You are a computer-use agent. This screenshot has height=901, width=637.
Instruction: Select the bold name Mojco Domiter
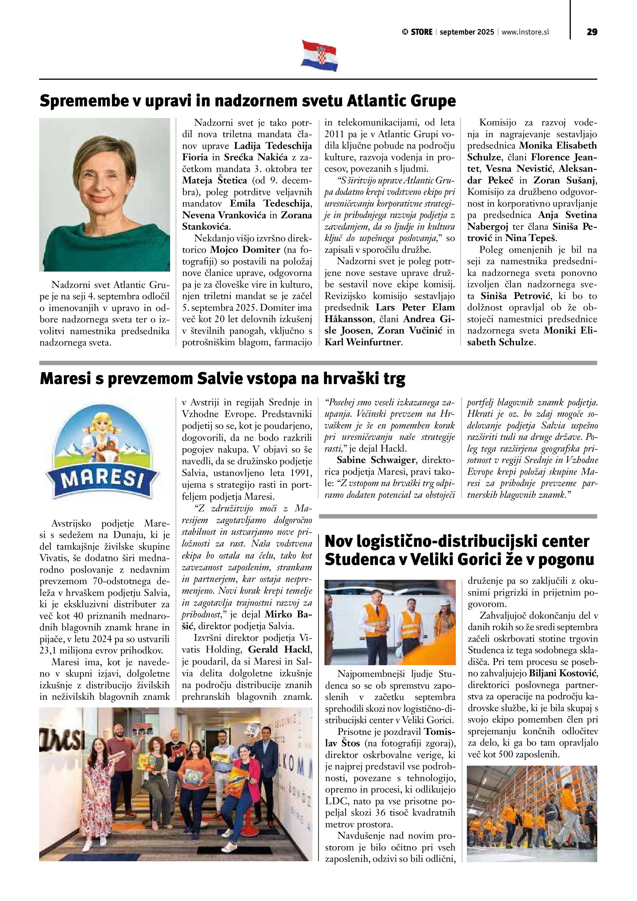pyautogui.click(x=245, y=250)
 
